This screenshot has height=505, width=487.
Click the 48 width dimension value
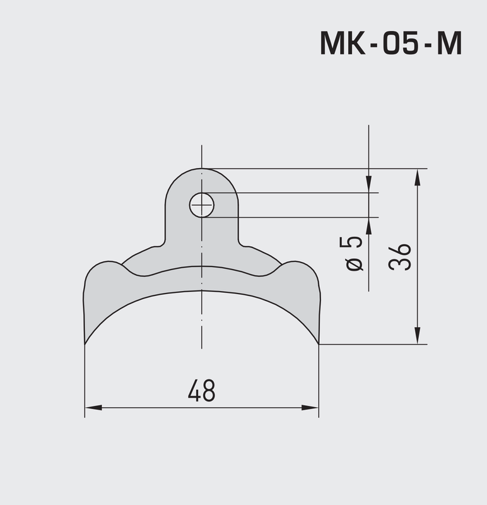[201, 391]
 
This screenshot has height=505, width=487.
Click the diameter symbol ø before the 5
[355, 263]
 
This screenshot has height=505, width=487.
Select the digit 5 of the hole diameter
[355, 243]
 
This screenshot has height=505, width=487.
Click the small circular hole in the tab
[202, 205]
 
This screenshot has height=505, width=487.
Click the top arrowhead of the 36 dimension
[417, 176]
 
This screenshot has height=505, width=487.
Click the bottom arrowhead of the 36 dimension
[417, 337]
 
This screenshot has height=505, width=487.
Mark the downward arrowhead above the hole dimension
[368, 186]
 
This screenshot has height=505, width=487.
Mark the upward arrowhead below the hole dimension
[368, 225]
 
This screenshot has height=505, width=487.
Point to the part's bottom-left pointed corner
[85, 343]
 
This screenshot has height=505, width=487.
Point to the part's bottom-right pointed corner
[319, 343]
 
